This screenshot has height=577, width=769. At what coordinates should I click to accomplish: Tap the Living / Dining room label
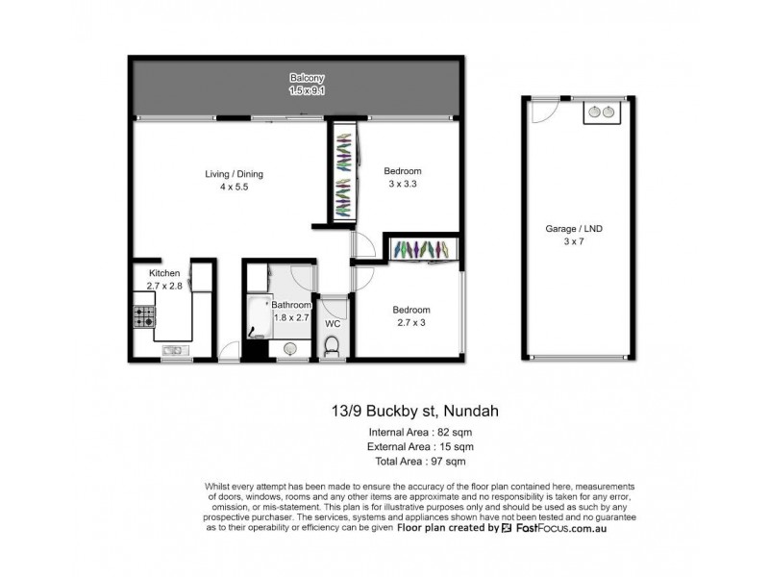[234, 174]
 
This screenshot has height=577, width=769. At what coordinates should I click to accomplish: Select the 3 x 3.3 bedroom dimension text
[403, 184]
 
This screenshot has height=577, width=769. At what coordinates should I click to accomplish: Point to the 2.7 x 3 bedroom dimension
[410, 323]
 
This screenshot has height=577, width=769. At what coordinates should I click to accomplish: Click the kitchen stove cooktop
[144, 316]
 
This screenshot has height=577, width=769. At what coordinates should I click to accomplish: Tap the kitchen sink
[174, 351]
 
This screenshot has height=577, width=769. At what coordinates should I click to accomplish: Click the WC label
[333, 323]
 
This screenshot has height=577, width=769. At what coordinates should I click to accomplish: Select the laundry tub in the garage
[602, 113]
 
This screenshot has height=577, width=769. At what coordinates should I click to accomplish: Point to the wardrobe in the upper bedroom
[344, 173]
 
